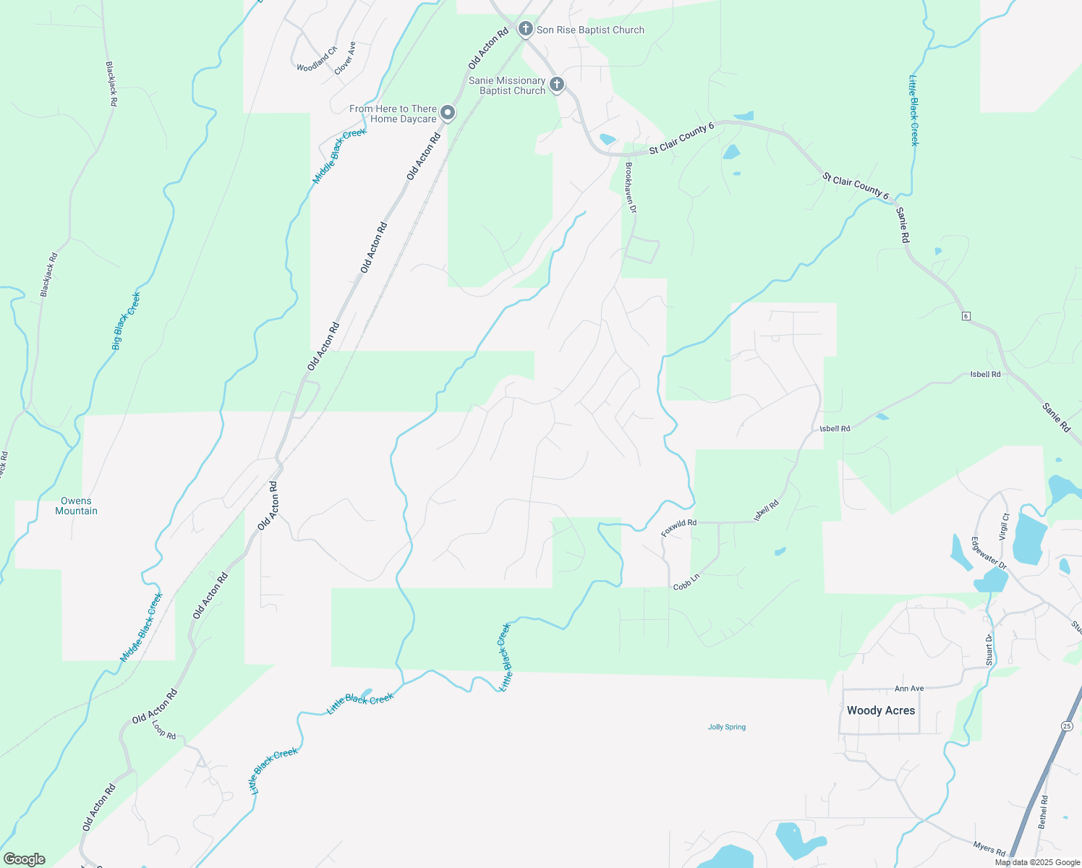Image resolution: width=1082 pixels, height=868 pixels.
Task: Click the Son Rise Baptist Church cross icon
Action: pos(526,30)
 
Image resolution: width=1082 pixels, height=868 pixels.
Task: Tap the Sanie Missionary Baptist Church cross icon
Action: pos(557,85)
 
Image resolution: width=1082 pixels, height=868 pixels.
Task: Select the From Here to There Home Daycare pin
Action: pos(448,113)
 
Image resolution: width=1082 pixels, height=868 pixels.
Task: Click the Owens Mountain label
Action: pos(76,506)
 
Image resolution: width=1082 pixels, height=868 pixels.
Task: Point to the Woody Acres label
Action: pos(880,710)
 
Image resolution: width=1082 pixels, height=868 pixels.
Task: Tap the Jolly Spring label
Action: pos(726,727)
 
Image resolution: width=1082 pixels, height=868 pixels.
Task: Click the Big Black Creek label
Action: pos(127,320)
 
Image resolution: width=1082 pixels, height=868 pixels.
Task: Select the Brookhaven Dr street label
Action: pos(629,187)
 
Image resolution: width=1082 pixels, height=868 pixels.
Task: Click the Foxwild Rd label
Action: pos(678,527)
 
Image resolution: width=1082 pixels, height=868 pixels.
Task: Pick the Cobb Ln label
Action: pos(686,582)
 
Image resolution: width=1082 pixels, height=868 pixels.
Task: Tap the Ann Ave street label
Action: pos(909,689)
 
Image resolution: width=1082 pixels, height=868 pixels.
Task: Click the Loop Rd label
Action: pos(164,730)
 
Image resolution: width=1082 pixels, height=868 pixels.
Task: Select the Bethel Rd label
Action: pos(1042,812)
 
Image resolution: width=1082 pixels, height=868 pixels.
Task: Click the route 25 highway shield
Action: pos(1067,726)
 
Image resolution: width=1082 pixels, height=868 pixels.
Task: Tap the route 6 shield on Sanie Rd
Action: pos(966,316)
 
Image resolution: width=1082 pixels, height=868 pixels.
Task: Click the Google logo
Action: pos(25,859)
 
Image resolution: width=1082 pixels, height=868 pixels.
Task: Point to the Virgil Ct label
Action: pos(1004,527)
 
